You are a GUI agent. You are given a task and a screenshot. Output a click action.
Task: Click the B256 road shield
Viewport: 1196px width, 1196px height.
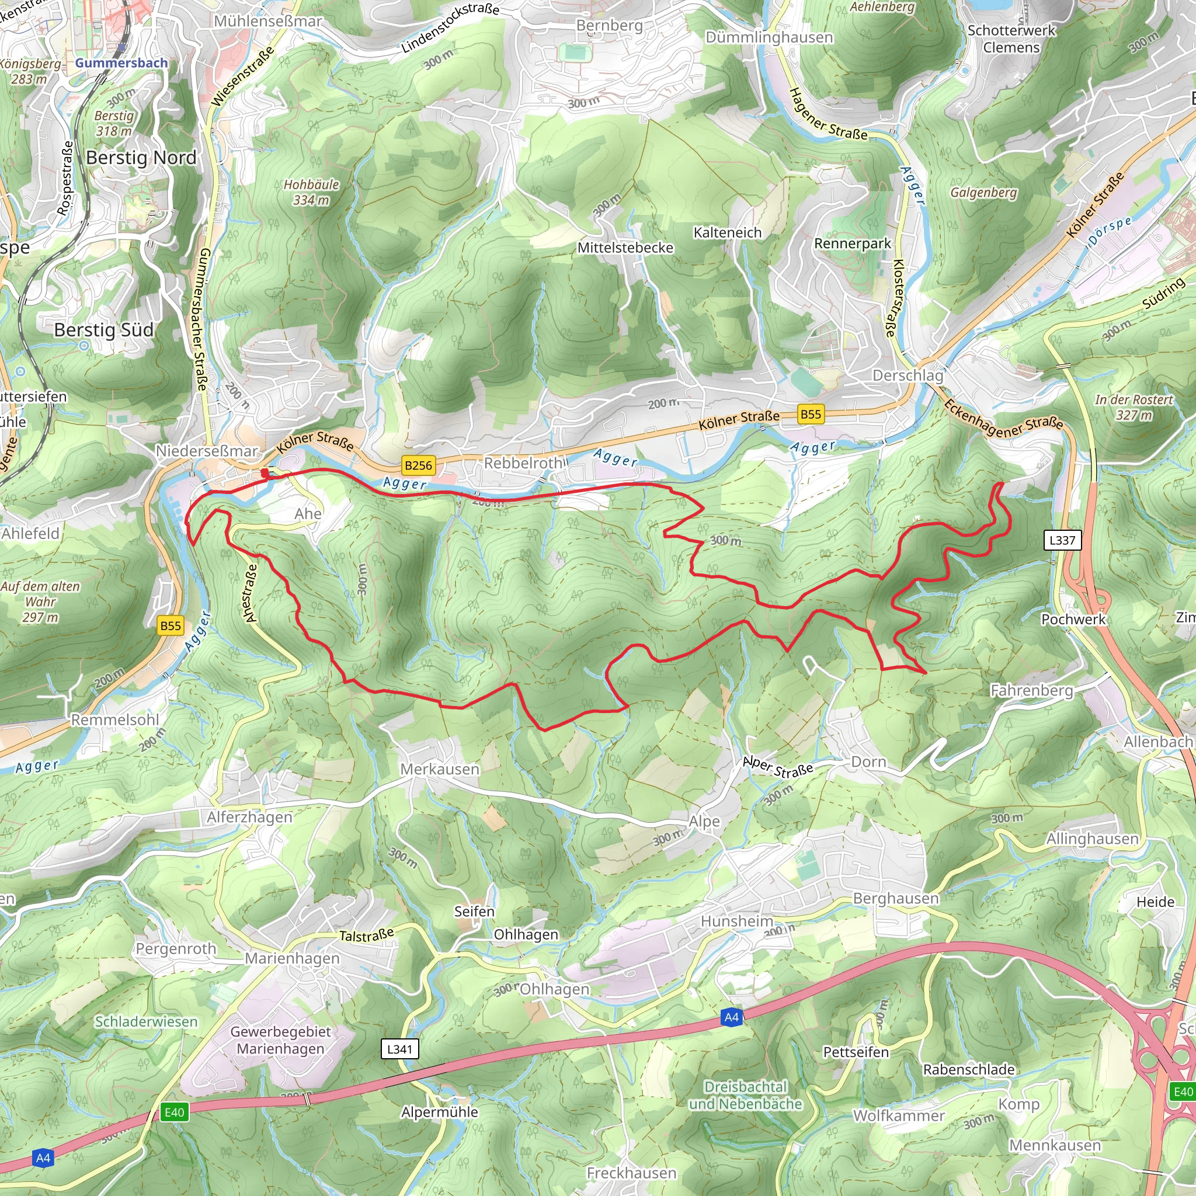coord(418,465)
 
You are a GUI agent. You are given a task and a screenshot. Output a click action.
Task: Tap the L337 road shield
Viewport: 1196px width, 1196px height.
coord(1062,540)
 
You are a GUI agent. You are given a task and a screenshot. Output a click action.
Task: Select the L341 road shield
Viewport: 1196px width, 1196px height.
coord(399,1049)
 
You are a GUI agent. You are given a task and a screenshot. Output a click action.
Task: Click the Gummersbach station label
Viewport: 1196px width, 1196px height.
coord(121,62)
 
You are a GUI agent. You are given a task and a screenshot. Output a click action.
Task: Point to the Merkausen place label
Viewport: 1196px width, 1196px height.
coord(440,769)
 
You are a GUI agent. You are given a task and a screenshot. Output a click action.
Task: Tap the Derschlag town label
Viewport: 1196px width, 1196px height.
coord(908,375)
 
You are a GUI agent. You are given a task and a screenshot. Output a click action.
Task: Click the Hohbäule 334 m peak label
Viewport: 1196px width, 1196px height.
coord(311,192)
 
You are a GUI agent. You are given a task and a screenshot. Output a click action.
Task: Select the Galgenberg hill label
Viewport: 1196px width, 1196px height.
coord(983,193)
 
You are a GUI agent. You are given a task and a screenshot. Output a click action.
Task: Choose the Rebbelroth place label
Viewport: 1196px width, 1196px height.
coord(523,463)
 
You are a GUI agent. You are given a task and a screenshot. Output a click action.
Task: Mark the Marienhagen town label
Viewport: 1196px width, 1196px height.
coord(292,958)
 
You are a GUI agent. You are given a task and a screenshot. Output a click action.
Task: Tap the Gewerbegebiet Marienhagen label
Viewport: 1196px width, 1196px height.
coord(280,1040)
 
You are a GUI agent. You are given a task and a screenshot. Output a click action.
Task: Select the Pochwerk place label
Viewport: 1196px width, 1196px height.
coord(1073,619)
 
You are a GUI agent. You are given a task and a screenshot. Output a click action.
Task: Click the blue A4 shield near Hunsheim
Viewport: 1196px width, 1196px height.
coord(731,1017)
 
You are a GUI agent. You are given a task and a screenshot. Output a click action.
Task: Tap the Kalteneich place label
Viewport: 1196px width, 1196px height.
coord(728,233)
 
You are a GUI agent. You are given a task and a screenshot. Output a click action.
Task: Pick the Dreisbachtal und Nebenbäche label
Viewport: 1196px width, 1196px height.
coord(745,1095)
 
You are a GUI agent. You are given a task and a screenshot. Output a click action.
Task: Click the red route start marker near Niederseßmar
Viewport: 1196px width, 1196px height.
coord(265,474)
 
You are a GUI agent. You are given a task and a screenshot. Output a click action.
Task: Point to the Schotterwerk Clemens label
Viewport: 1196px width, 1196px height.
coord(1011,39)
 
